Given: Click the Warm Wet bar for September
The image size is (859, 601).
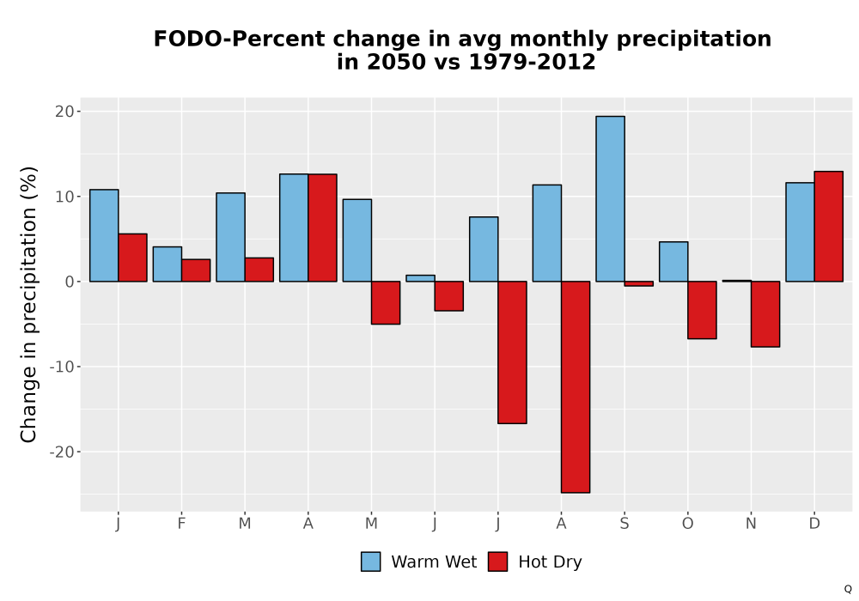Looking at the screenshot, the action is [x=610, y=198].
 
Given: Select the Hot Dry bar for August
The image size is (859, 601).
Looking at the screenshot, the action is [x=576, y=387].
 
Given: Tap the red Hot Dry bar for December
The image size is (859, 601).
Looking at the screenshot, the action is [x=828, y=227].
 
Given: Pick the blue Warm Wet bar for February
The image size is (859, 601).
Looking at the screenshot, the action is [x=168, y=264].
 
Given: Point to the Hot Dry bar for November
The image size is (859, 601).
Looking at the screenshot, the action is [x=765, y=314].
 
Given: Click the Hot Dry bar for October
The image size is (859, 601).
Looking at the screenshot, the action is [x=702, y=310].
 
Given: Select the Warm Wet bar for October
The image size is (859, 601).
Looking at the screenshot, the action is [x=673, y=262].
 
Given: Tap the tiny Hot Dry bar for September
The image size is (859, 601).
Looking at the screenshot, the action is [x=639, y=283].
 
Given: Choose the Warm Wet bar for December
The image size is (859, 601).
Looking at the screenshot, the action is [x=800, y=232].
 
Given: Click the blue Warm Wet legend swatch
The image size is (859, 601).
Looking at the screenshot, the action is [x=371, y=562].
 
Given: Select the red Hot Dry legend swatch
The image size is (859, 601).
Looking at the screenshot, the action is [x=497, y=562].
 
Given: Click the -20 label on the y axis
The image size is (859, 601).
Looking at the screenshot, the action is [x=61, y=452].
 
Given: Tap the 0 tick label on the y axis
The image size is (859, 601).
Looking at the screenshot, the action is [x=69, y=282].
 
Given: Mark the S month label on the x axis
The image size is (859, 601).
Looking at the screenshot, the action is [x=624, y=524].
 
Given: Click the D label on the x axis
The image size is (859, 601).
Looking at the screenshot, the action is [x=814, y=524].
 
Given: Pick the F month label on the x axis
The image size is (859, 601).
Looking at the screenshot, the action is [x=181, y=524].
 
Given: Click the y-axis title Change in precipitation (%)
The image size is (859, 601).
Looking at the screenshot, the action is [x=28, y=304].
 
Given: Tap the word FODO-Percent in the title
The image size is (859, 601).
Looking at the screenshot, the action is [x=241, y=39].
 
